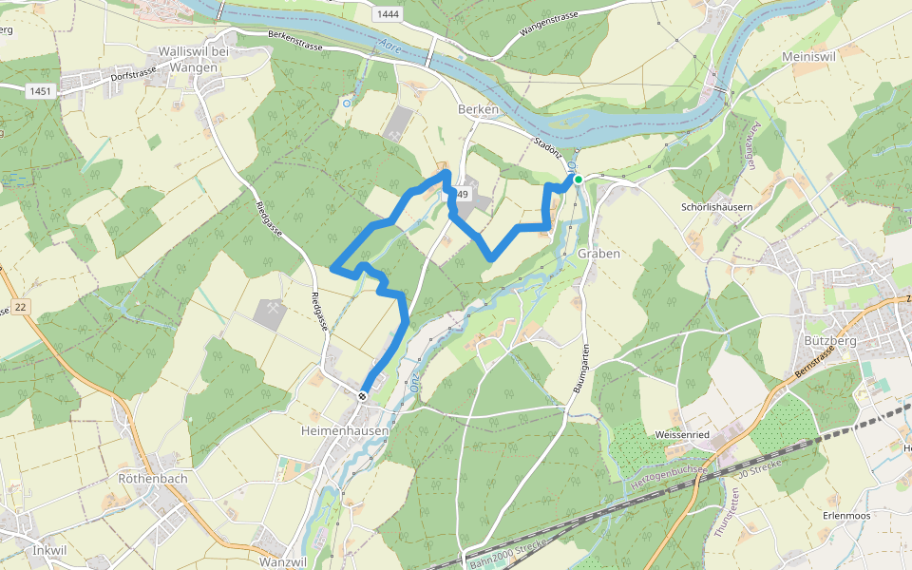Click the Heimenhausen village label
coord(343,430)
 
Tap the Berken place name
coord(478,110)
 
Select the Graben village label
coord(598,254)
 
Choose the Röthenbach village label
coord(152,479)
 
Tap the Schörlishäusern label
coord(717,207)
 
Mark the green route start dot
coord(578,179)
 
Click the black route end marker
coord(363,395)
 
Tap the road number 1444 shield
coord(387,13)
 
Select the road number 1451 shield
coord(40,91)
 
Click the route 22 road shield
coord(21,307)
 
